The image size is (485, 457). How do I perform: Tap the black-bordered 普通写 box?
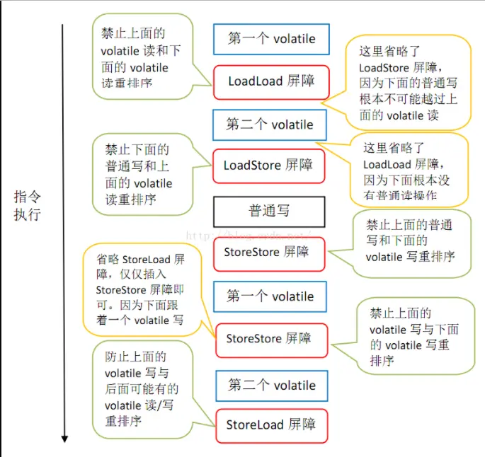click(x=269, y=211)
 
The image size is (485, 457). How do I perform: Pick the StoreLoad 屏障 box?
click(x=271, y=425)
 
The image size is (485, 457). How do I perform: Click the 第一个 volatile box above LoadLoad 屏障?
click(x=271, y=39)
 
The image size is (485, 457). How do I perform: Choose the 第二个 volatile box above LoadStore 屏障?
click(x=270, y=125)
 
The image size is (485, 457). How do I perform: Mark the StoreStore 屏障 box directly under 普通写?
click(x=269, y=252)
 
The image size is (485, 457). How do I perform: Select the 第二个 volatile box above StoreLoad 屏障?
click(x=271, y=386)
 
